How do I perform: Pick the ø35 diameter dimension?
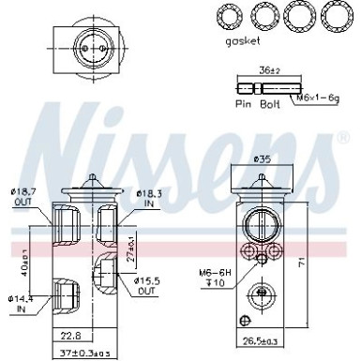(x=262, y=160)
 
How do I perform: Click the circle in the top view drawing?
(x=89, y=45)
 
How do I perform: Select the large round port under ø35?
(x=261, y=226)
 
